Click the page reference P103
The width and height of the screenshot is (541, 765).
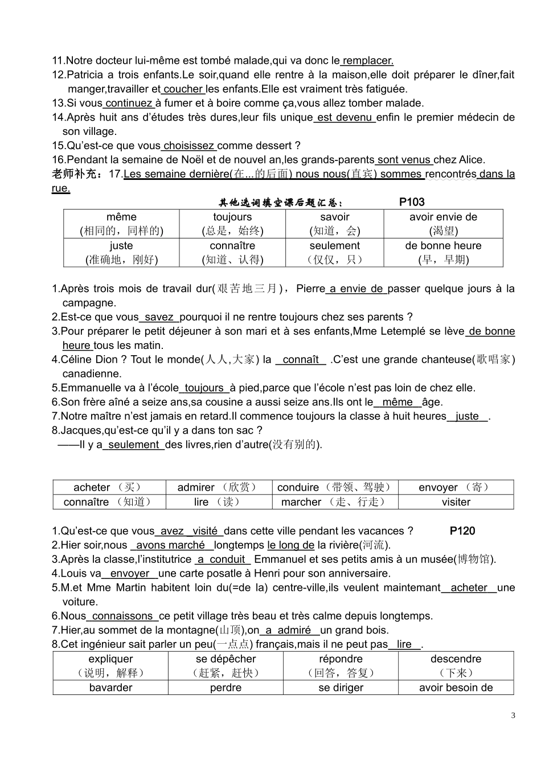click(x=411, y=202)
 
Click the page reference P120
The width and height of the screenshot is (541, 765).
click(x=462, y=531)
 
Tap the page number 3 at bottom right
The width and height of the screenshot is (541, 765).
click(x=513, y=715)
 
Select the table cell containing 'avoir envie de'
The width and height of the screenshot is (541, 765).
click(x=443, y=224)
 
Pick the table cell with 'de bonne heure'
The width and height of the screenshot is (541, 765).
click(x=443, y=252)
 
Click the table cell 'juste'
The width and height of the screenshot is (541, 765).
click(x=121, y=252)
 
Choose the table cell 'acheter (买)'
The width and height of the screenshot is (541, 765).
click(x=109, y=487)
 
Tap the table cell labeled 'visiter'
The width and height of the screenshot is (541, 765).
click(x=456, y=502)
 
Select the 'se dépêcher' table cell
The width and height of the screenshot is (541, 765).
click(x=226, y=666)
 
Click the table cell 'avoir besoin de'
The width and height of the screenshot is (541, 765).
click(x=456, y=688)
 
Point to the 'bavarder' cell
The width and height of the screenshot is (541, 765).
click(x=110, y=688)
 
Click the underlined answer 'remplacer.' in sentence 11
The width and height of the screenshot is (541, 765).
click(x=368, y=60)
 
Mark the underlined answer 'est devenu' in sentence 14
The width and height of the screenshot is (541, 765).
click(x=345, y=117)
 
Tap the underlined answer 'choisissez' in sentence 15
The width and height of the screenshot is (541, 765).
click(x=189, y=146)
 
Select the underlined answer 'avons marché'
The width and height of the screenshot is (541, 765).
click(x=170, y=545)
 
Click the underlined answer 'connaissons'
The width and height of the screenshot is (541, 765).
click(x=122, y=616)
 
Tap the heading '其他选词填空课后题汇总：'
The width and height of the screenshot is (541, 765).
click(x=281, y=203)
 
